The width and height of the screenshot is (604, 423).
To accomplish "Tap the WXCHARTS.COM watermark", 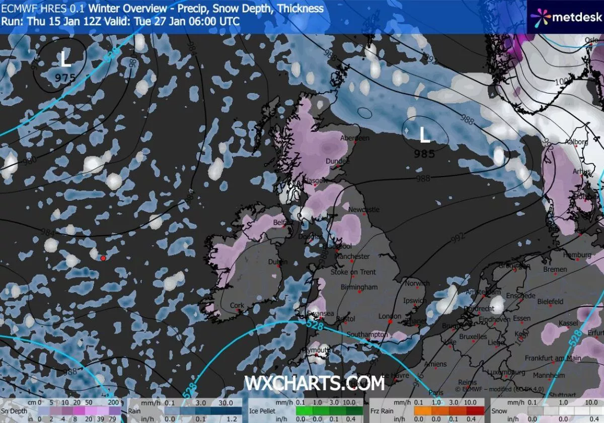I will click(x=315, y=384).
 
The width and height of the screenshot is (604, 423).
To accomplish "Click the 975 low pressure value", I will click(x=65, y=77).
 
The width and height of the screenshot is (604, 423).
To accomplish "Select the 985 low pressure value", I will click(x=424, y=154).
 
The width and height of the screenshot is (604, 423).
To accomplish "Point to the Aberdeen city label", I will click(x=355, y=138).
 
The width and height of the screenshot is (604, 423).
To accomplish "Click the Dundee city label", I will click(x=338, y=161).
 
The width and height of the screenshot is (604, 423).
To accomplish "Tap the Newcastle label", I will click(x=363, y=209).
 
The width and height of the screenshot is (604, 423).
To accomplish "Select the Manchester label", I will click(x=352, y=256).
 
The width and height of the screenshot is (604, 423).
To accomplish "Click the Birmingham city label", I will click(x=359, y=287).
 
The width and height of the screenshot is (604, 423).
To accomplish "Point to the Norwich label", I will click(x=417, y=284).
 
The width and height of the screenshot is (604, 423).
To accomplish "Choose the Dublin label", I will click(x=278, y=262).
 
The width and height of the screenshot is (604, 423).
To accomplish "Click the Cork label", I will click(x=237, y=305).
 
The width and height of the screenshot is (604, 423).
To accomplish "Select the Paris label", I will click(x=436, y=392).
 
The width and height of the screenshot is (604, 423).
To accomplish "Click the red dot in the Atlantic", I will click(x=103, y=258).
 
